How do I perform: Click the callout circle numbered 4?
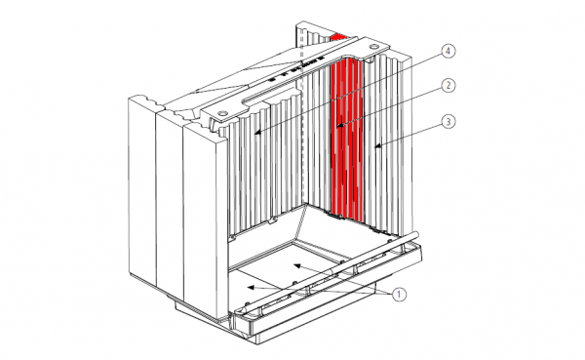click(x=448, y=51)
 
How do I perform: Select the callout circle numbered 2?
click(x=448, y=86)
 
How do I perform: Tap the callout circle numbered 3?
click(x=448, y=122)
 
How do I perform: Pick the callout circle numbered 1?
click(x=399, y=295)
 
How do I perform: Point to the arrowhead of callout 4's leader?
click(x=257, y=132)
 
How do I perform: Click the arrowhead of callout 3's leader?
click(x=377, y=146)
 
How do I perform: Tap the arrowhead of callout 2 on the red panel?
click(x=339, y=126)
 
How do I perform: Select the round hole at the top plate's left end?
click(x=222, y=112)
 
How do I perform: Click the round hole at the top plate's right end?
click(x=373, y=47)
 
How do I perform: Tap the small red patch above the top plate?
click(x=338, y=37)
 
